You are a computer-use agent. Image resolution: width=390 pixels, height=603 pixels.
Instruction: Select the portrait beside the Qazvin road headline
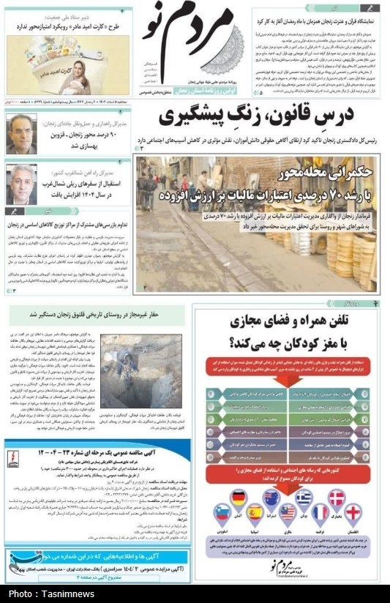pyautogui.click(x=22, y=134)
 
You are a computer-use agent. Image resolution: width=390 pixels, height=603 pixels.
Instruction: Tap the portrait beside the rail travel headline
pyautogui.click(x=22, y=184)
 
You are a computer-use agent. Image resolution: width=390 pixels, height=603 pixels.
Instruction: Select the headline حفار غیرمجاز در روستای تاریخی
pyautogui.click(x=95, y=315)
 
